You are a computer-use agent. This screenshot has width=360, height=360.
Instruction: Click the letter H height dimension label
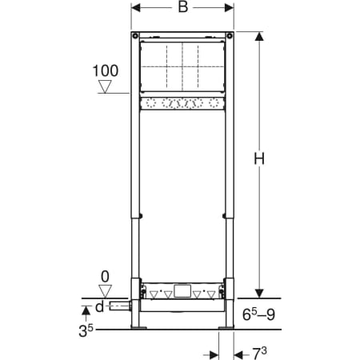(258, 159)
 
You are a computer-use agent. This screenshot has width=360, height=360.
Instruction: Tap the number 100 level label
(105, 71)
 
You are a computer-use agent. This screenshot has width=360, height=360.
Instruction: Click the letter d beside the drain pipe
(99, 307)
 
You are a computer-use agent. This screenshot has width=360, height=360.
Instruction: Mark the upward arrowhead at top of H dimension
(258, 38)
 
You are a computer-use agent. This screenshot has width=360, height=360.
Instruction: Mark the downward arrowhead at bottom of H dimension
(258, 291)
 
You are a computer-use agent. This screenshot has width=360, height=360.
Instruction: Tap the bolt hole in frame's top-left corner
(135, 35)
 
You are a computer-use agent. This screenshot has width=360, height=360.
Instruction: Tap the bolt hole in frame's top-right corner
(230, 35)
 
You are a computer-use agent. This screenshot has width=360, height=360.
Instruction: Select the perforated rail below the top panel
(182, 102)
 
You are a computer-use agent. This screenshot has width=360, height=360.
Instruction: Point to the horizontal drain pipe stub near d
(120, 307)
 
